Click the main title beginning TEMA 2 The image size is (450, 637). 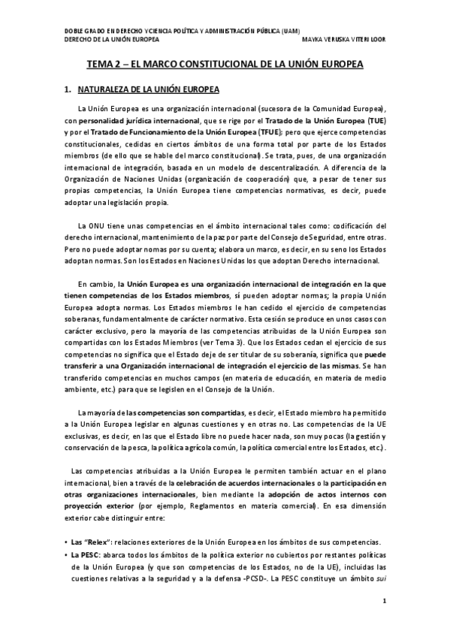[x=225, y=65]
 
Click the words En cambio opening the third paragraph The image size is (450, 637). [x=95, y=284]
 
